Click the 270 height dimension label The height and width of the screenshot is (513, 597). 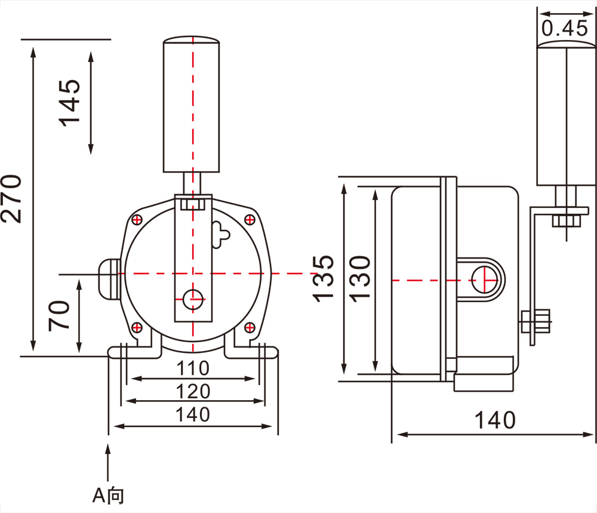click(x=11, y=198)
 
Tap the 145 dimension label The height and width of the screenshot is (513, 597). click(x=69, y=103)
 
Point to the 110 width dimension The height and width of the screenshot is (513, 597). click(x=193, y=368)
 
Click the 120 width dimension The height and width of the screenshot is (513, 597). click(x=193, y=392)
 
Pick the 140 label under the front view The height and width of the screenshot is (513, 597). click(x=193, y=414)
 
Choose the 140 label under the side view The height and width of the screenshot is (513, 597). click(x=495, y=420)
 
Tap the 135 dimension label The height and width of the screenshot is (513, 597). click(x=323, y=279)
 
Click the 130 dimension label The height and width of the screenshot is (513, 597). click(x=360, y=279)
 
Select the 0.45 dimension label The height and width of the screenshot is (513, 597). click(x=565, y=28)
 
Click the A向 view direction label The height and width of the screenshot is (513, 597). click(x=109, y=496)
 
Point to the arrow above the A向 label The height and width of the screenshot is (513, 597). click(x=108, y=462)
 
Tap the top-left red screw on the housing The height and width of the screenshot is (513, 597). click(x=137, y=220)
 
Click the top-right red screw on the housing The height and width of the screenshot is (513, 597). click(x=250, y=220)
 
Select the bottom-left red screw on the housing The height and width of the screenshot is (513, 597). click(x=137, y=327)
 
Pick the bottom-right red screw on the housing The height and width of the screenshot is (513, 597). click(x=250, y=327)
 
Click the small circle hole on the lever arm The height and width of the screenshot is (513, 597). click(x=193, y=299)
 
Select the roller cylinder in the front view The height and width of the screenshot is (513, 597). click(x=191, y=105)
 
